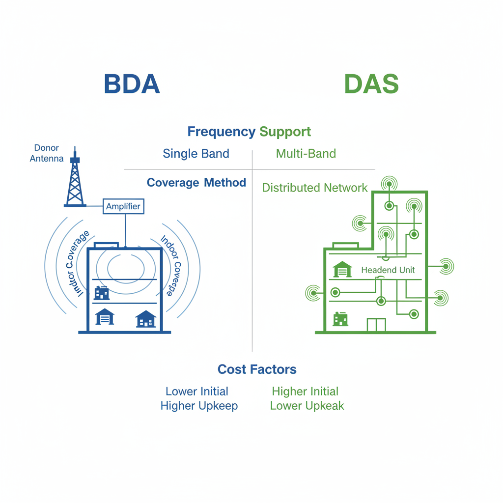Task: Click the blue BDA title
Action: pyautogui.click(x=132, y=84)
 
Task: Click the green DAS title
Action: pyautogui.click(x=371, y=84)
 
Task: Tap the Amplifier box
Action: pyautogui.click(x=124, y=206)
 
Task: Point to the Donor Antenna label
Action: pyautogui.click(x=47, y=153)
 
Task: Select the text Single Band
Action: pyautogui.click(x=196, y=154)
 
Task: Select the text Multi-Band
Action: pyautogui.click(x=306, y=154)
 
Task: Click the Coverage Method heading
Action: pyautogui.click(x=196, y=183)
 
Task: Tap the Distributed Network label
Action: pyautogui.click(x=315, y=188)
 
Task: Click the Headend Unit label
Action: pyautogui.click(x=388, y=270)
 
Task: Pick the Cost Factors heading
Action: pyautogui.click(x=257, y=369)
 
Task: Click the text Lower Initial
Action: pyautogui.click(x=197, y=391)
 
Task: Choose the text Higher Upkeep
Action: pyautogui.click(x=199, y=406)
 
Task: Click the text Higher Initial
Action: pyautogui.click(x=305, y=391)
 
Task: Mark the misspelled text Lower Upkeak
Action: pyautogui.click(x=307, y=406)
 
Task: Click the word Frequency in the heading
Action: pyautogui.click(x=222, y=132)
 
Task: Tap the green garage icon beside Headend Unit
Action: pyautogui.click(x=343, y=269)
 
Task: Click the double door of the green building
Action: pyautogui.click(x=376, y=325)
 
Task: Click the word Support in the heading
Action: pyautogui.click(x=285, y=132)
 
